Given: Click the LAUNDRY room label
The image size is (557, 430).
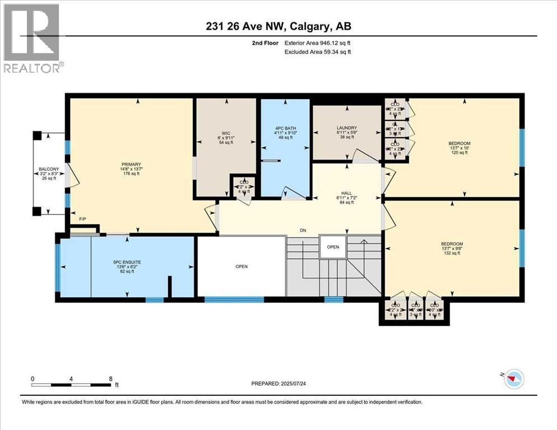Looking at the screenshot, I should tap(347, 128).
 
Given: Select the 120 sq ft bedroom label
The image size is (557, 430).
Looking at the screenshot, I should tap(459, 143).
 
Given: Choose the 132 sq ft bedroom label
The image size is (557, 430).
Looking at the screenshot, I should tap(452, 244).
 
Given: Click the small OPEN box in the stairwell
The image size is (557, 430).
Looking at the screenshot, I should tap(333, 247).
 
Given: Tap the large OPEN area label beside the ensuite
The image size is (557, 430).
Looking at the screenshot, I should tap(242, 267).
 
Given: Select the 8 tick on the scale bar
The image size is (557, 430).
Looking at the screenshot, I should tap(110, 379).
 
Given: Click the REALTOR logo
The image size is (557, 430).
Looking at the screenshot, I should tap(31, 38).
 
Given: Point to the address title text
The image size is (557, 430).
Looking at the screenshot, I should tap(278, 26).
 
